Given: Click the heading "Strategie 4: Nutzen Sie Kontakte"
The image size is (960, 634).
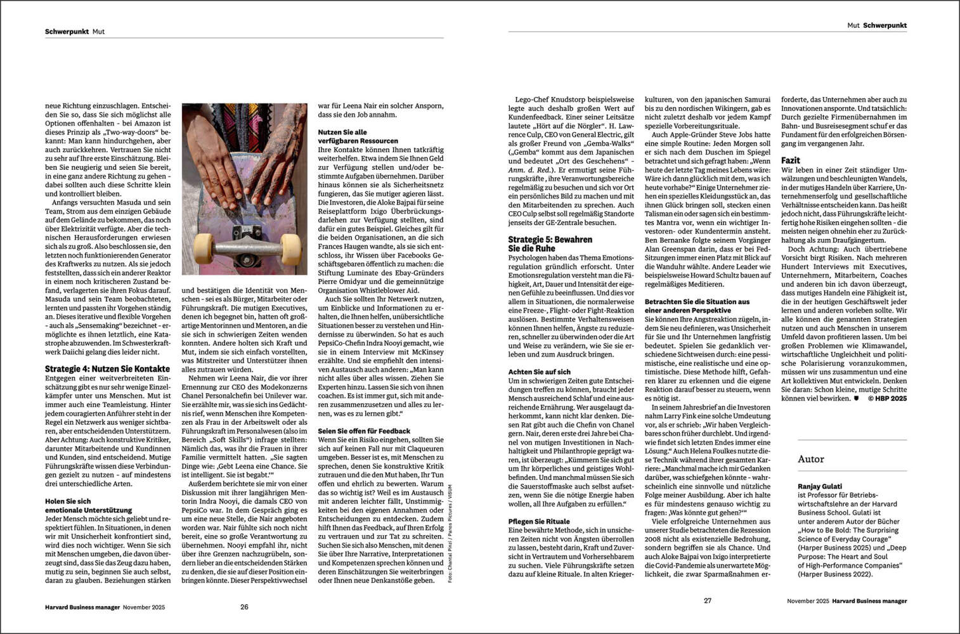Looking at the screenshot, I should tap(107, 368).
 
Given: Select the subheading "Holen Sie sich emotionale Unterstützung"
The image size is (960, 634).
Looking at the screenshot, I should tap(88, 505).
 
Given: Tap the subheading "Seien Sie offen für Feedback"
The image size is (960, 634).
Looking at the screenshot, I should tap(364, 430).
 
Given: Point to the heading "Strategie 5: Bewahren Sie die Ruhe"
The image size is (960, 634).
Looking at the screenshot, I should tap(550, 244).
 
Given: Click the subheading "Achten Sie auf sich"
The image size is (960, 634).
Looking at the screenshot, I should tap(539, 372).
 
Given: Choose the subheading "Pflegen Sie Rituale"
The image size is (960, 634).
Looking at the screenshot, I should tap(538, 521).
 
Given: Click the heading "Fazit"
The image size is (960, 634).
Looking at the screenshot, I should tap(790, 160).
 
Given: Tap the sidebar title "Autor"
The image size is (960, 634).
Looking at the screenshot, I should tap(810, 459).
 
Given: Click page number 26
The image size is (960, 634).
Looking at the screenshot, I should tap(244, 607).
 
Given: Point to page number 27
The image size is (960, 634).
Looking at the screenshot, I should tap(708, 600).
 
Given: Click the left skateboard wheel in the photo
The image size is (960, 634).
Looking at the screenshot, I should tap(204, 245).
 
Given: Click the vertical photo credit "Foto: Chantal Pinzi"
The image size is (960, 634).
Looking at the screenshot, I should tap(450, 533).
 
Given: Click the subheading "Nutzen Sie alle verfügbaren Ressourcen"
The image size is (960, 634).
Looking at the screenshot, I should tap(358, 136).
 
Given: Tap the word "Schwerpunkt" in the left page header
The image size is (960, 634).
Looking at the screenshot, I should tap(67, 31).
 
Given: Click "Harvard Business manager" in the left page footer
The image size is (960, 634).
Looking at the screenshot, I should tap(82, 607).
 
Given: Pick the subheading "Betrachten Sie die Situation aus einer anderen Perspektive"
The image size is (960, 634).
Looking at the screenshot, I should tap(697, 306).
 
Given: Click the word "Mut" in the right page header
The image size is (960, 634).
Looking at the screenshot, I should tap(853, 25).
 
